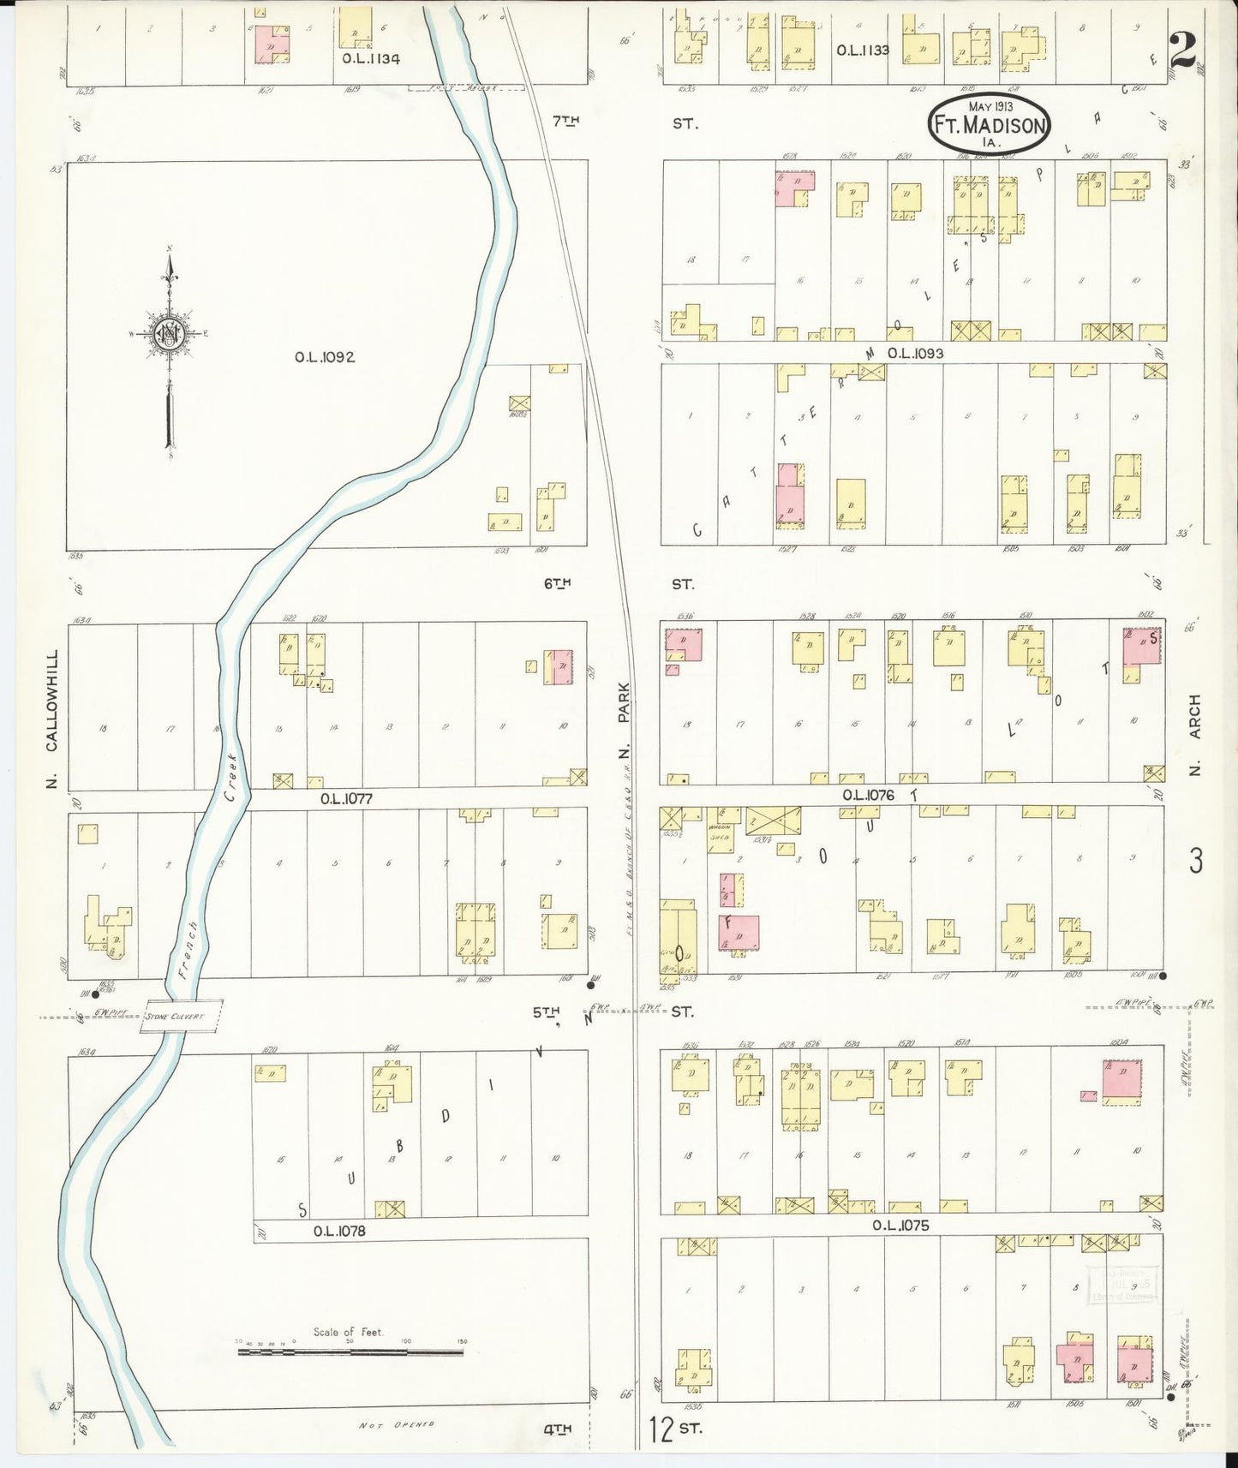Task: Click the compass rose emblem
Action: [170, 333]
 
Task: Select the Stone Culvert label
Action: [181, 1016]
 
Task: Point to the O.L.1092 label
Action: [324, 357]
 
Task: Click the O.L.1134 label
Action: [371, 59]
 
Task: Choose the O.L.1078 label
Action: [339, 1231]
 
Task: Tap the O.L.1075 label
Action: [900, 1225]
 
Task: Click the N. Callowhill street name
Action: [51, 719]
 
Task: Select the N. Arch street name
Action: [1195, 734]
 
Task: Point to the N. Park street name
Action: [625, 719]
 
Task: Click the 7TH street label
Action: [565, 122]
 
